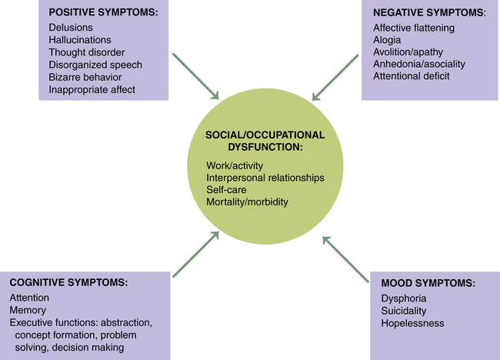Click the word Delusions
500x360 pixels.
pos(71,28)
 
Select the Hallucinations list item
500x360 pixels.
pos(79,40)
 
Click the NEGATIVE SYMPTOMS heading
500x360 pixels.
pos(417,13)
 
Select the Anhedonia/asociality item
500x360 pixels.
pos(419,65)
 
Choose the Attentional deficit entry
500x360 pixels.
pos(412,77)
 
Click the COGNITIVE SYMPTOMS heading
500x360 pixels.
pos(68,282)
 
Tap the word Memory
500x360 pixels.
pos(28,311)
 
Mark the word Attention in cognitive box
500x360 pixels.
pos(29,298)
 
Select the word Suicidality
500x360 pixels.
pos(406,311)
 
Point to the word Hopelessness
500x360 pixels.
pos(412,323)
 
